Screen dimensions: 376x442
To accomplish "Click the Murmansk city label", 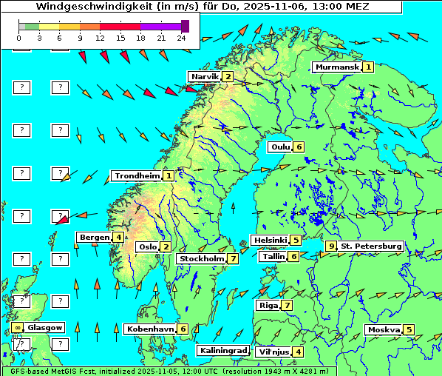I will pyautogui.click(x=336, y=67).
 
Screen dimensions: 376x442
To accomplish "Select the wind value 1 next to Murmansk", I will pyautogui.click(x=368, y=67).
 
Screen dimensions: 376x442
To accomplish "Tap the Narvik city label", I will pyautogui.click(x=205, y=76).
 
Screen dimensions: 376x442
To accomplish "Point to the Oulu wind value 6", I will pyautogui.click(x=299, y=147).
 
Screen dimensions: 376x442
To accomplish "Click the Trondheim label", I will pyautogui.click(x=137, y=175).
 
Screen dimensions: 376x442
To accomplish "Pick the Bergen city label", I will pyautogui.click(x=94, y=237).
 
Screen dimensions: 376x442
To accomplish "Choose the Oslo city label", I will pyautogui.click(x=148, y=246).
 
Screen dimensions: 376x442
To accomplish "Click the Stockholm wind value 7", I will pyautogui.click(x=233, y=258).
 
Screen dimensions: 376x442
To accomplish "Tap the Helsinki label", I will pyautogui.click(x=269, y=240).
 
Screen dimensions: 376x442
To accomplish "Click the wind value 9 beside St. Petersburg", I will pyautogui.click(x=331, y=246).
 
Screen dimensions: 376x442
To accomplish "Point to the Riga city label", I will pyautogui.click(x=267, y=305).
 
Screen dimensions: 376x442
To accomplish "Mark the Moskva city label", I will pyautogui.click(x=384, y=329).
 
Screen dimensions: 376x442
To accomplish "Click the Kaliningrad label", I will pyautogui.click(x=222, y=350).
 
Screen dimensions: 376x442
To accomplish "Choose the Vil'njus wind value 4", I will pyautogui.click(x=298, y=352).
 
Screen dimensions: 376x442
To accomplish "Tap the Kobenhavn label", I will pyautogui.click(x=150, y=329).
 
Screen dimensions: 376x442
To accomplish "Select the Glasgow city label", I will pyautogui.click(x=45, y=327).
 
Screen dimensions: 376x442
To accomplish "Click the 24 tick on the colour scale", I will pyautogui.click(x=181, y=38).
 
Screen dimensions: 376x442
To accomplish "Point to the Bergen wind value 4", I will pyautogui.click(x=118, y=237).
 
